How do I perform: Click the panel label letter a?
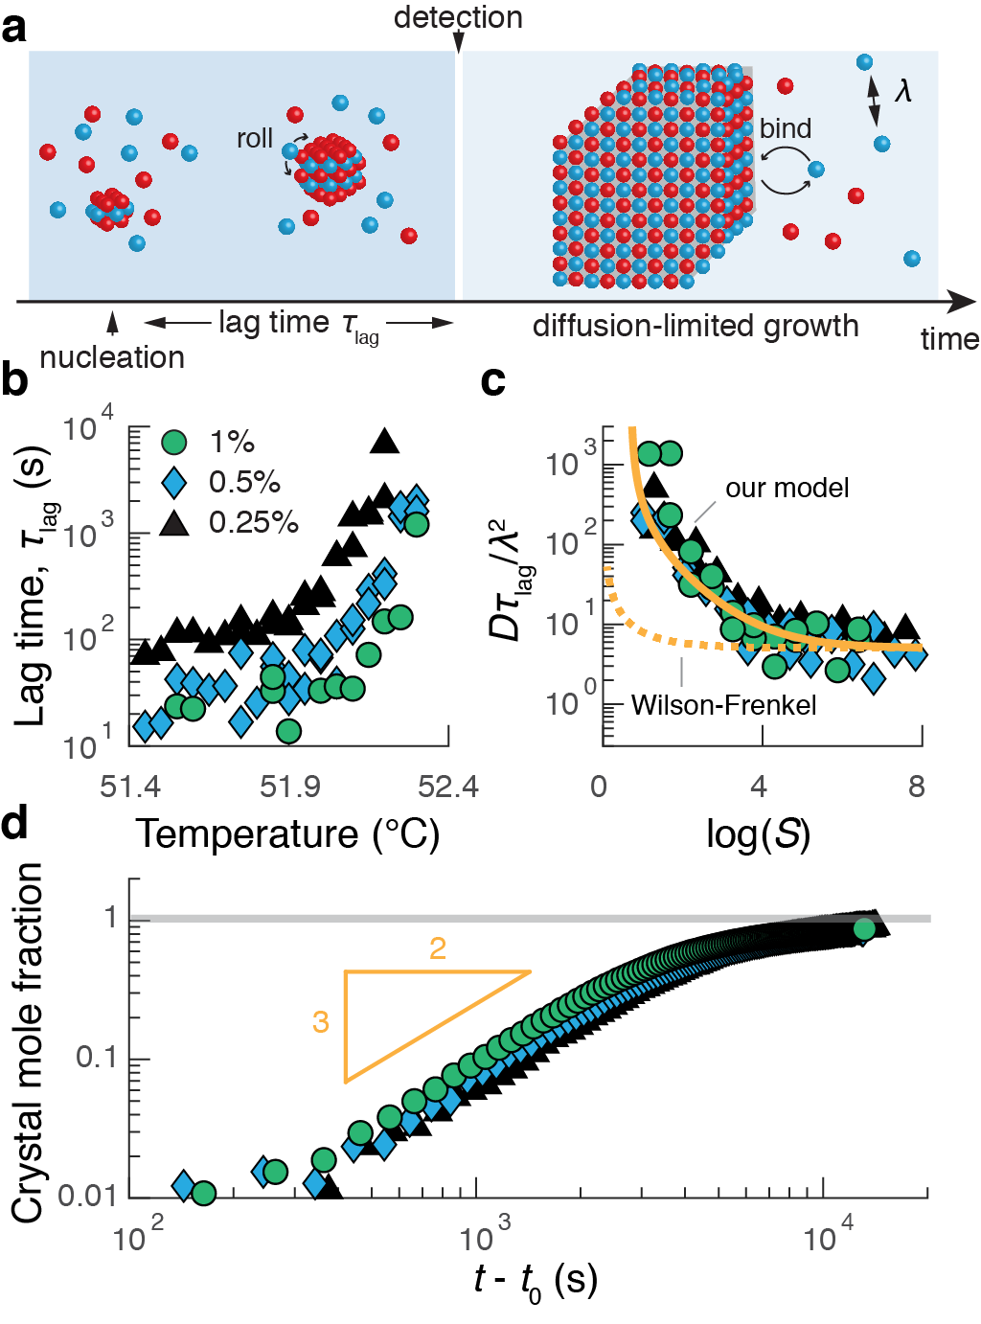pos(14,28)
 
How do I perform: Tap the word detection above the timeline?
pos(458,17)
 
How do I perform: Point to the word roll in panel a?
pos(255,139)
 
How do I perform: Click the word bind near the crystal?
pos(785,128)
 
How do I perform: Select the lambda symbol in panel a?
pos(902,91)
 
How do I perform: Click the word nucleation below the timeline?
pos(112,357)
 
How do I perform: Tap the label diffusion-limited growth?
pos(696,326)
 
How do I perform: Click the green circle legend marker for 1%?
pos(174,442)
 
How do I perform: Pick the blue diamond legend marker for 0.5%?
pos(174,482)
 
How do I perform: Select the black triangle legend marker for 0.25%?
pos(174,521)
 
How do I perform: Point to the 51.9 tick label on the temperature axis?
pos(289,787)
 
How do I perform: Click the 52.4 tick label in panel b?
pos(448,787)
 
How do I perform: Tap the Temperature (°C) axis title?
pos(287,833)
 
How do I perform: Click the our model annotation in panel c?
pos(787,488)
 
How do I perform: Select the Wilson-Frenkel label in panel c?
pos(723,706)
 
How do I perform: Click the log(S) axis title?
pos(758,834)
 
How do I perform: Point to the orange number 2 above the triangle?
pos(438,948)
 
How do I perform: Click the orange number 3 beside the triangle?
pos(321,1022)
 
